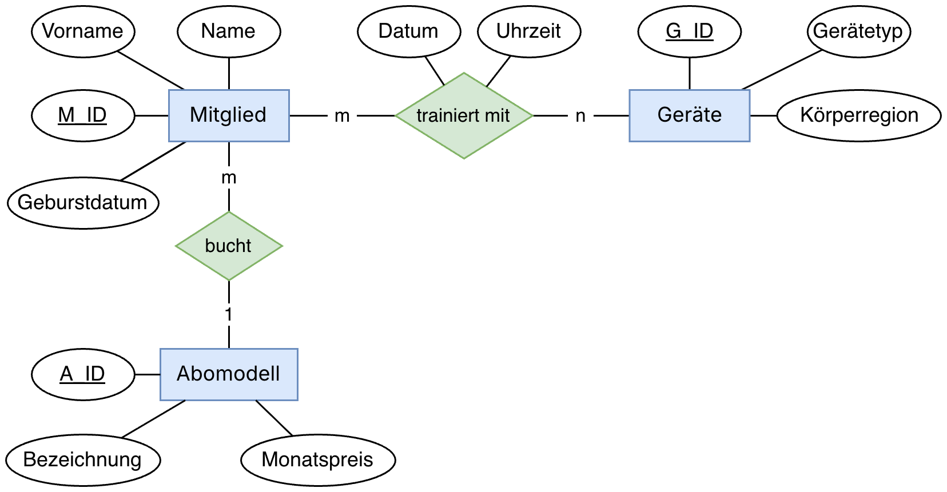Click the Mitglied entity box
point(229,115)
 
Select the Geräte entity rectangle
point(689,115)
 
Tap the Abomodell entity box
point(229,374)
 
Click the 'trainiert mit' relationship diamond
point(464,115)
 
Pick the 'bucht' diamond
point(229,246)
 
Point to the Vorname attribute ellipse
point(83,31)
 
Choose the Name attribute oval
point(229,31)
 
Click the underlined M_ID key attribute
point(83,115)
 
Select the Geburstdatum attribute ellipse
point(83,203)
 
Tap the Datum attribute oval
point(409,31)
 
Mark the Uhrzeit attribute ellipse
point(529,31)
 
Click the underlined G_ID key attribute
point(689,31)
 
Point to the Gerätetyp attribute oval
point(858,31)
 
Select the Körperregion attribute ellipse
point(859,115)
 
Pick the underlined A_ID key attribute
point(83,374)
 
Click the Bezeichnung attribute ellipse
point(83,460)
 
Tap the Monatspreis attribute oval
point(318,460)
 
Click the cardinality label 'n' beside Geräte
point(580,116)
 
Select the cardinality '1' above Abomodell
point(229,314)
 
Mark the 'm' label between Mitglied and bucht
point(229,178)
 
